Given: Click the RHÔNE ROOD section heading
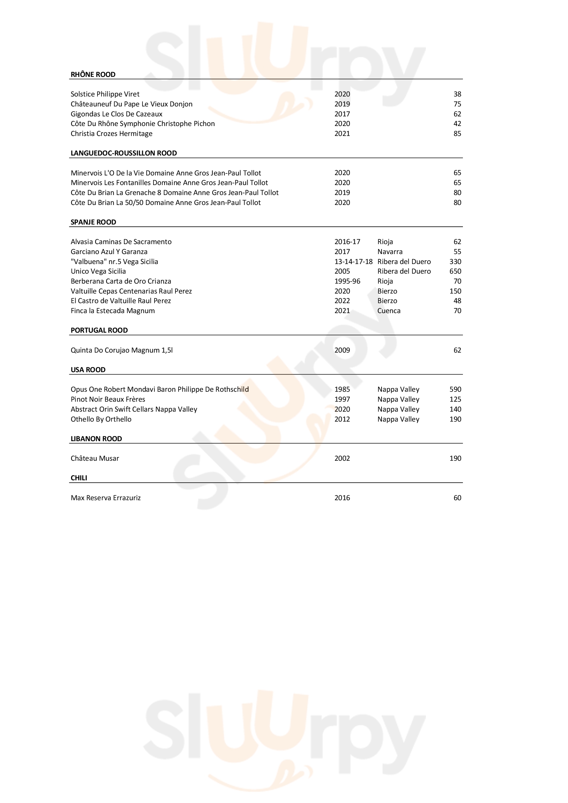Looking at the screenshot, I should pos(93,74).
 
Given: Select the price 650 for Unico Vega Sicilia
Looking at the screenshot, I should pos(455,272).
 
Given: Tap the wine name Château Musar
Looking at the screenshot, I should pos(95,459).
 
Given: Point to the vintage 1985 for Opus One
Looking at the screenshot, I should pos(342,390).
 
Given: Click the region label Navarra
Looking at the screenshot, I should pos(390,252).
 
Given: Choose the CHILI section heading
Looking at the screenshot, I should pos(79,478).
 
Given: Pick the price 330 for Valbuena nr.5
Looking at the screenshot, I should pos(455,262).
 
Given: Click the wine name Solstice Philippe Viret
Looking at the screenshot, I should pos(105,94).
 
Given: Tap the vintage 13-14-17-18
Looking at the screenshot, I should pos(353,262).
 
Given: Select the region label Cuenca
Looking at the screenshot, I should pos(389,311).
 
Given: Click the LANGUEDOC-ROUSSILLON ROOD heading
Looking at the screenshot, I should pos(124,153).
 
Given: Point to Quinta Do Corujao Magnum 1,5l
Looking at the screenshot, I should pos(121,351).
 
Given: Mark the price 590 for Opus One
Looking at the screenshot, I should pos(455,390).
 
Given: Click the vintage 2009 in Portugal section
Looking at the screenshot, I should pos(342,351).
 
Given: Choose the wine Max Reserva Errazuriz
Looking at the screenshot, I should pos(106,498).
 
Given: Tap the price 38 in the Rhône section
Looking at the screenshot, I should pos(457,94).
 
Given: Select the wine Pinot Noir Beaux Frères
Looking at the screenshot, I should pos(108,399).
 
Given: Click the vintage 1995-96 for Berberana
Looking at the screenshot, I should pos(347,282).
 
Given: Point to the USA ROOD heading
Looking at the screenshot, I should pos(88,370).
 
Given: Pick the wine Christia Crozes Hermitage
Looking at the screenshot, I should pos(111,134).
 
